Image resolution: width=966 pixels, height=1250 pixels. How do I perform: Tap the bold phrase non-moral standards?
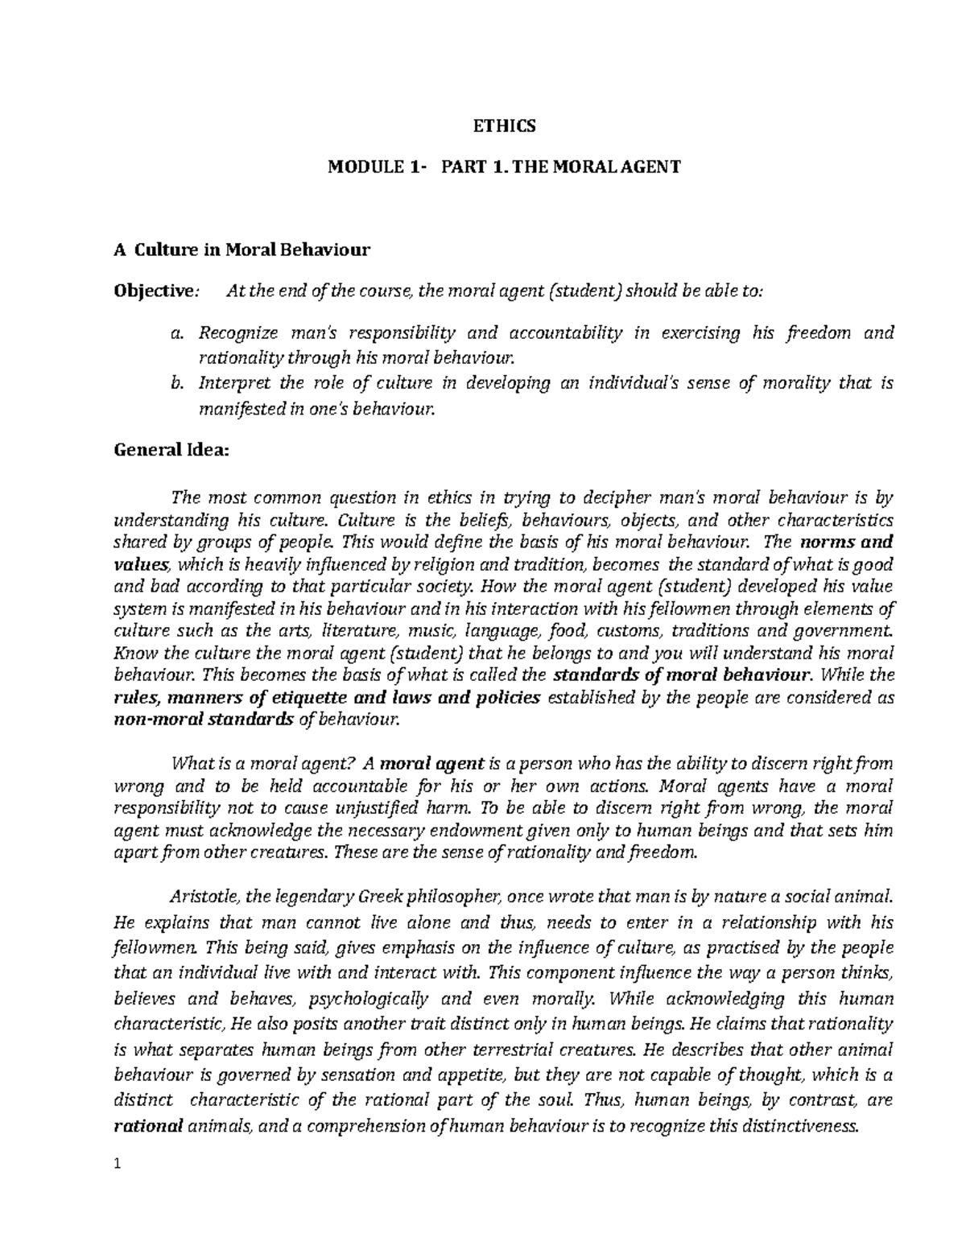pos(201,719)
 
